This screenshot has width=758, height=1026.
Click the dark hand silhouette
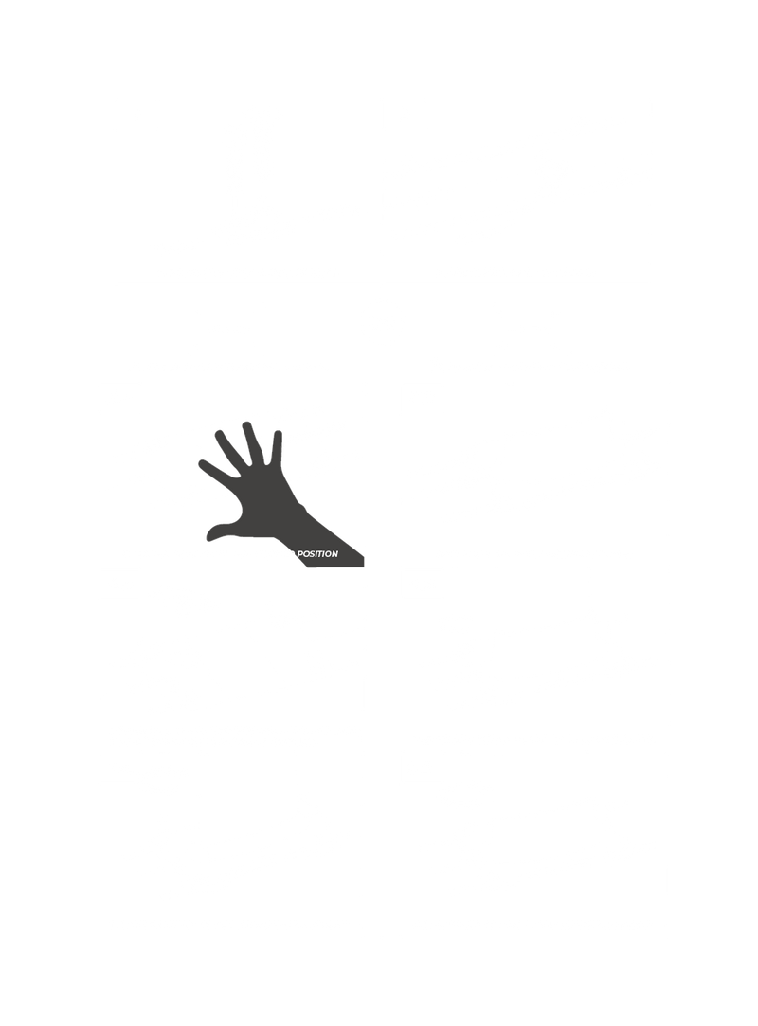click(256, 493)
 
